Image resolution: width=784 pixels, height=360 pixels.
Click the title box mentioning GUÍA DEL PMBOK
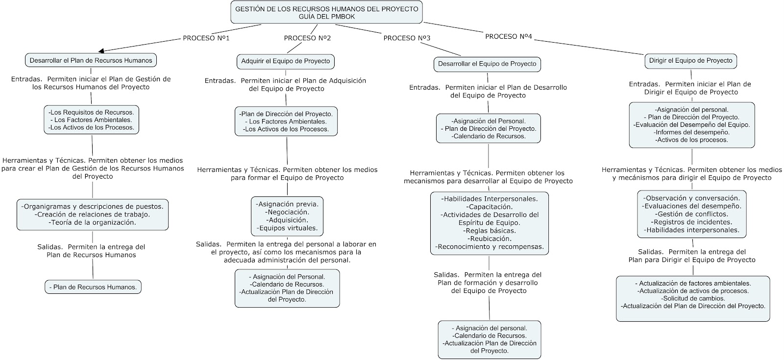[326, 12]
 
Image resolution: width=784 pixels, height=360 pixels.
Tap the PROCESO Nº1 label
[206, 38]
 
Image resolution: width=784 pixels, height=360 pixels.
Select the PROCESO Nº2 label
[307, 38]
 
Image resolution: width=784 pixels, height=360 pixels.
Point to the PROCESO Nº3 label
[407, 38]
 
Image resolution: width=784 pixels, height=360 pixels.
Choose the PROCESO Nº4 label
[509, 36]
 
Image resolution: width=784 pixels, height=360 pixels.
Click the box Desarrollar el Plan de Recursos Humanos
[91, 60]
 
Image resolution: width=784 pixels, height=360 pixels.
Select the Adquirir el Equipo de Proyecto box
[286, 61]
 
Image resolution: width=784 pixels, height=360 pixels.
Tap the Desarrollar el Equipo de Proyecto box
[487, 64]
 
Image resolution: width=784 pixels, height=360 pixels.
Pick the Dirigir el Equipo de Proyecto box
[690, 61]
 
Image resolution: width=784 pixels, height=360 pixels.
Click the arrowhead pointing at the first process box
[101, 51]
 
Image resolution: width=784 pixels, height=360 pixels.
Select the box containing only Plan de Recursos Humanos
[93, 287]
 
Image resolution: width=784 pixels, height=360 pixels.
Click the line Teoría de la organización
[93, 222]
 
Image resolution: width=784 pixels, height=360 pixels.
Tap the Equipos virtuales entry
[287, 228]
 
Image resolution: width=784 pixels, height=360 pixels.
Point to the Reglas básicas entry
[490, 231]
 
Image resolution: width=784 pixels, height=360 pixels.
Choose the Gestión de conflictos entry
[691, 214]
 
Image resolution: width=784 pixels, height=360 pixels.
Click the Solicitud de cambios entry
[693, 298]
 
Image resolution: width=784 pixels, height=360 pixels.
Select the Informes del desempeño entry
[691, 132]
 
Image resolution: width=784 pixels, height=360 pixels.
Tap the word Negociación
[287, 212]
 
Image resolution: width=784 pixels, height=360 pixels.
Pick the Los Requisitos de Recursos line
[91, 112]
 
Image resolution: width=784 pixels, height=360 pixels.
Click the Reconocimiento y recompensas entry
[490, 247]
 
